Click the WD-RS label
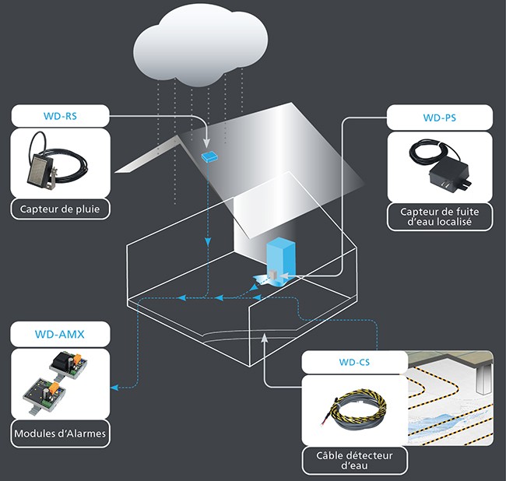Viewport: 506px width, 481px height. pyautogui.click(x=59, y=118)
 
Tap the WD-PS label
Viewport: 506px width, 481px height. pyautogui.click(x=439, y=118)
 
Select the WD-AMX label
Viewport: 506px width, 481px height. pyautogui.click(x=59, y=335)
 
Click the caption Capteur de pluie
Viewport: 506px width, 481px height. pyautogui.click(x=60, y=209)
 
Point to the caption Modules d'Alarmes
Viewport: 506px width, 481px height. pyautogui.click(x=60, y=433)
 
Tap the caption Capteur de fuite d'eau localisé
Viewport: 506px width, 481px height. pyautogui.click(x=439, y=216)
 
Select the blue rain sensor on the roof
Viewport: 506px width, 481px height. pyautogui.click(x=209, y=157)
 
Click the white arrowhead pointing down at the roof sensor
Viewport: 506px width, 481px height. pyautogui.click(x=208, y=145)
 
